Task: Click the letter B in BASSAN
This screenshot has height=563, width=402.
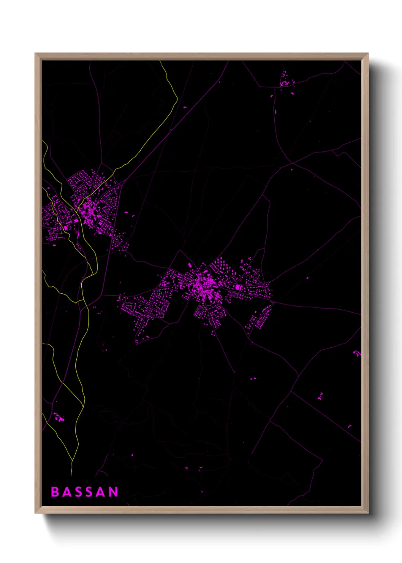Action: pos(55,492)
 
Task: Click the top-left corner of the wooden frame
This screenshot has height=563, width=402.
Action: pos(35,54)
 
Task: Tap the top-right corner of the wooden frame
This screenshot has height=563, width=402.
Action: pos(368,54)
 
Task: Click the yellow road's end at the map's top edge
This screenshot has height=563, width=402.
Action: pos(160,61)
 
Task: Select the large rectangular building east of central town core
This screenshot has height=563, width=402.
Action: pos(238,287)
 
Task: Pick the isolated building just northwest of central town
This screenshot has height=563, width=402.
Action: pos(190,265)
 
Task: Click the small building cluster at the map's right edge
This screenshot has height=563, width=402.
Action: pos(356,353)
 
